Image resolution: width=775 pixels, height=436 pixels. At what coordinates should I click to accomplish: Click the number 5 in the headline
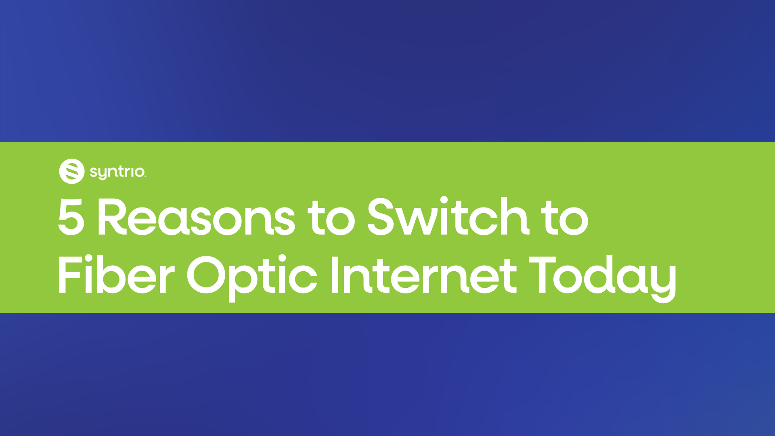[71, 217]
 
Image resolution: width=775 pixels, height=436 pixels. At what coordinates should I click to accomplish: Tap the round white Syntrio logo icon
[72, 171]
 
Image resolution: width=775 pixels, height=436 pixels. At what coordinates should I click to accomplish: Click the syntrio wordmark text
[117, 172]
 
